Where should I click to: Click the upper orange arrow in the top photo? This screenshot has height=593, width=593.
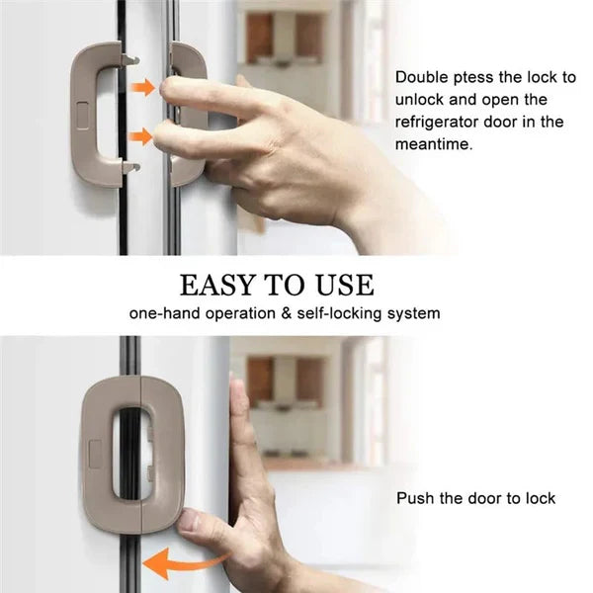point(145,88)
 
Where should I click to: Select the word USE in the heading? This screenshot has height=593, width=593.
point(341,285)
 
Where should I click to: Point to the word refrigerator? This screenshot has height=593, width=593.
point(442,122)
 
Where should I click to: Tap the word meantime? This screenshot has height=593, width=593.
point(433,144)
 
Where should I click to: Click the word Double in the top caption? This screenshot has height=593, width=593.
point(422,76)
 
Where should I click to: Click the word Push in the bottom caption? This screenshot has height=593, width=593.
point(415,498)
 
